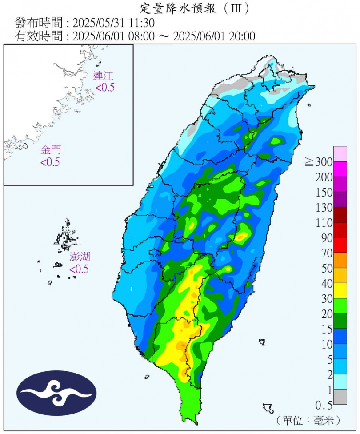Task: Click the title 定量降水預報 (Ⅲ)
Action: point(194,8)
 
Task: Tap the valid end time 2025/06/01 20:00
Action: point(214,36)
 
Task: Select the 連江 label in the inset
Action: point(103,76)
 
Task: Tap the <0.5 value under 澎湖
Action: point(79,269)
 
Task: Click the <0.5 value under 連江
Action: point(105,88)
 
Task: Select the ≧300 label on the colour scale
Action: point(319,162)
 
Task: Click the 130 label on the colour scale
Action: point(324,208)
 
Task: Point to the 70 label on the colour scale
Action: point(327,253)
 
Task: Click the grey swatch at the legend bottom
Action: point(340,397)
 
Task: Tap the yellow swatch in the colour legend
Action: point(340,290)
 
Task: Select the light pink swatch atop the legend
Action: point(340,154)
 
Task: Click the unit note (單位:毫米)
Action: point(308,420)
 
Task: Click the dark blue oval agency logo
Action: point(56,393)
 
